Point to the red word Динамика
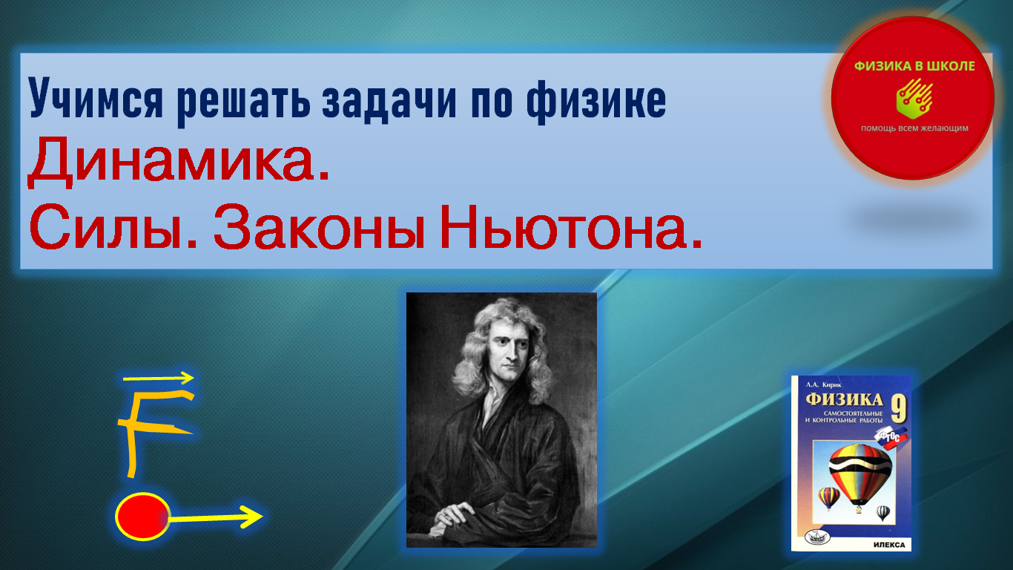178,163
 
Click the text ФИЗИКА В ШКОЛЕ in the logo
914,66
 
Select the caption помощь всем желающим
914,128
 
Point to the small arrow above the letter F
159,378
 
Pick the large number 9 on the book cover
898,409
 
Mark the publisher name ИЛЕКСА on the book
889,544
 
